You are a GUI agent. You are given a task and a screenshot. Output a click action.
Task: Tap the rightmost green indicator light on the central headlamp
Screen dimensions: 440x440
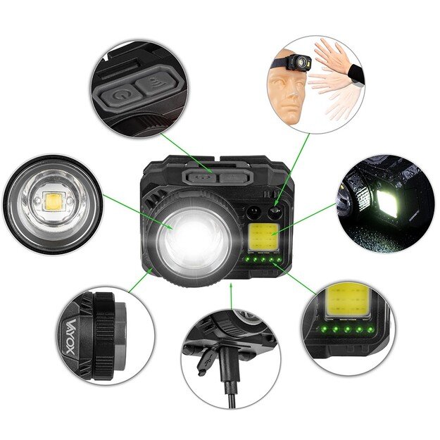[x=272, y=260]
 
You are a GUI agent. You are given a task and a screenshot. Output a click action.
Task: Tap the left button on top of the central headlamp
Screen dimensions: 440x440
[x=200, y=176]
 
